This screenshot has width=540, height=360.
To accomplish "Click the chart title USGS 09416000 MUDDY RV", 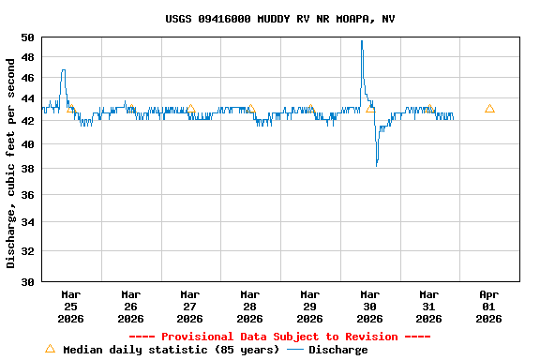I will (x=279, y=19).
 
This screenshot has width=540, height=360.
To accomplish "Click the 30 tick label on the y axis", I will (x=27, y=281).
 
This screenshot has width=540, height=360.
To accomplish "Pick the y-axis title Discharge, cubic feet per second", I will (x=11, y=162).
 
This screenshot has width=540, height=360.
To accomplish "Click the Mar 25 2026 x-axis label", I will (x=71, y=306).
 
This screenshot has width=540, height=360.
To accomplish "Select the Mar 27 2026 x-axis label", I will (x=190, y=306).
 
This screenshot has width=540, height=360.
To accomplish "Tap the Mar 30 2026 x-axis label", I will (x=369, y=306).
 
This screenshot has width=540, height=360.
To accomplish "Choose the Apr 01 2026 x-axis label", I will (x=488, y=306).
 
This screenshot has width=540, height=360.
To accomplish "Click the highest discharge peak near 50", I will (x=362, y=41).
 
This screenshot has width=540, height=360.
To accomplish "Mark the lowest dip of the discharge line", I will (x=377, y=165).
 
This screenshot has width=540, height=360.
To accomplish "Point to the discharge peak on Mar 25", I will (x=63, y=70).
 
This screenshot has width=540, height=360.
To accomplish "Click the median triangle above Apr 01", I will (x=489, y=109).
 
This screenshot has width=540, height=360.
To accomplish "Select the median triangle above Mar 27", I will (x=190, y=109).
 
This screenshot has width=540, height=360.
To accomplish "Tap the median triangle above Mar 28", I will (x=250, y=109).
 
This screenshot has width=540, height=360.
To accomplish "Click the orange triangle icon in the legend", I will (x=51, y=349).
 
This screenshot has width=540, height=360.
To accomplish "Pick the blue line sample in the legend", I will (x=295, y=350).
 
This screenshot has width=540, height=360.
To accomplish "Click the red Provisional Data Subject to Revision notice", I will (x=279, y=337).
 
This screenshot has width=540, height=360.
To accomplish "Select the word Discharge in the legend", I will (x=338, y=350).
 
